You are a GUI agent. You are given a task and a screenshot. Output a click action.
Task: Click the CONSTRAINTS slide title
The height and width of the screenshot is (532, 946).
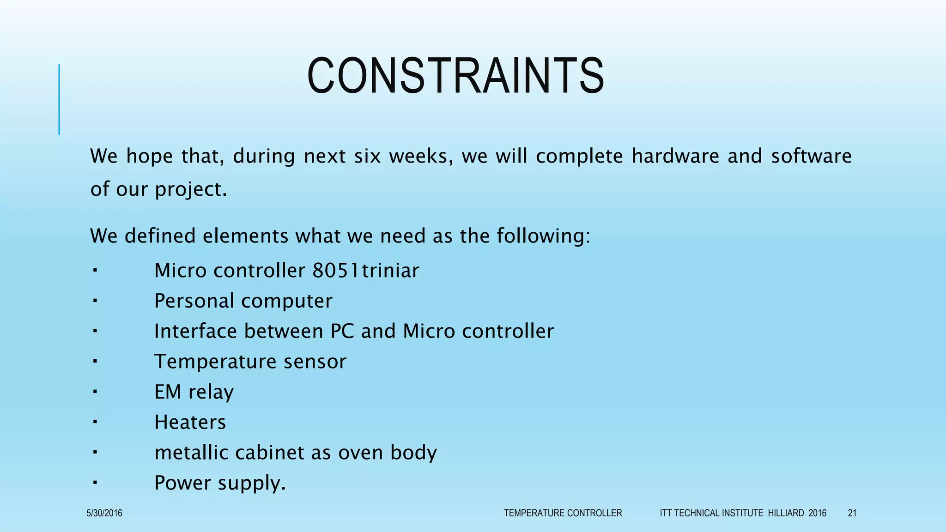click(x=455, y=76)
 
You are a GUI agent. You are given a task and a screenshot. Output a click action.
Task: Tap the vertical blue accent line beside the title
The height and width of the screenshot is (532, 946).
click(x=59, y=99)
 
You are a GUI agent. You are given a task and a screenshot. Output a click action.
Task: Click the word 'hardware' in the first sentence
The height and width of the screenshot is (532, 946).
click(x=675, y=156)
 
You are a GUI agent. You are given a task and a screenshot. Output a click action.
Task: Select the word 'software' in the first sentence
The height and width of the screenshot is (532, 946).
click(x=811, y=156)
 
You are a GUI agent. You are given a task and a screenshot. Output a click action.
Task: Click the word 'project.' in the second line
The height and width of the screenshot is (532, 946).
click(x=191, y=189)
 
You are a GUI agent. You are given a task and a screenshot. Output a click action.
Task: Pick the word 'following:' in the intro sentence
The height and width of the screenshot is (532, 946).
click(x=543, y=236)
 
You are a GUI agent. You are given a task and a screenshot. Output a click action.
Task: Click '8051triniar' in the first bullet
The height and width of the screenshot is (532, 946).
click(x=366, y=271)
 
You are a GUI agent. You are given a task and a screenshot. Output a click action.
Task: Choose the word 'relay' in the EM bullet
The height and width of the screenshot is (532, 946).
click(x=211, y=392)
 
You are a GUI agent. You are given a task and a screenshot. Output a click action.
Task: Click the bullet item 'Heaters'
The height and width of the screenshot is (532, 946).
click(x=190, y=422)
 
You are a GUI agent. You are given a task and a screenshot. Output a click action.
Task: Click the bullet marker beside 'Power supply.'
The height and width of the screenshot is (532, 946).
click(x=94, y=483)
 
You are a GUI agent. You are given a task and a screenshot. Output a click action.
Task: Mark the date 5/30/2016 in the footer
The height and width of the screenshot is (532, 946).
click(x=104, y=513)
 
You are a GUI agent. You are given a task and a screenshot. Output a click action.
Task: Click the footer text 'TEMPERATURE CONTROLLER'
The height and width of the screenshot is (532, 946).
click(x=563, y=513)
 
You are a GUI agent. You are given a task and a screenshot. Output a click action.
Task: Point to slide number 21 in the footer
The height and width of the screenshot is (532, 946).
click(x=852, y=513)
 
